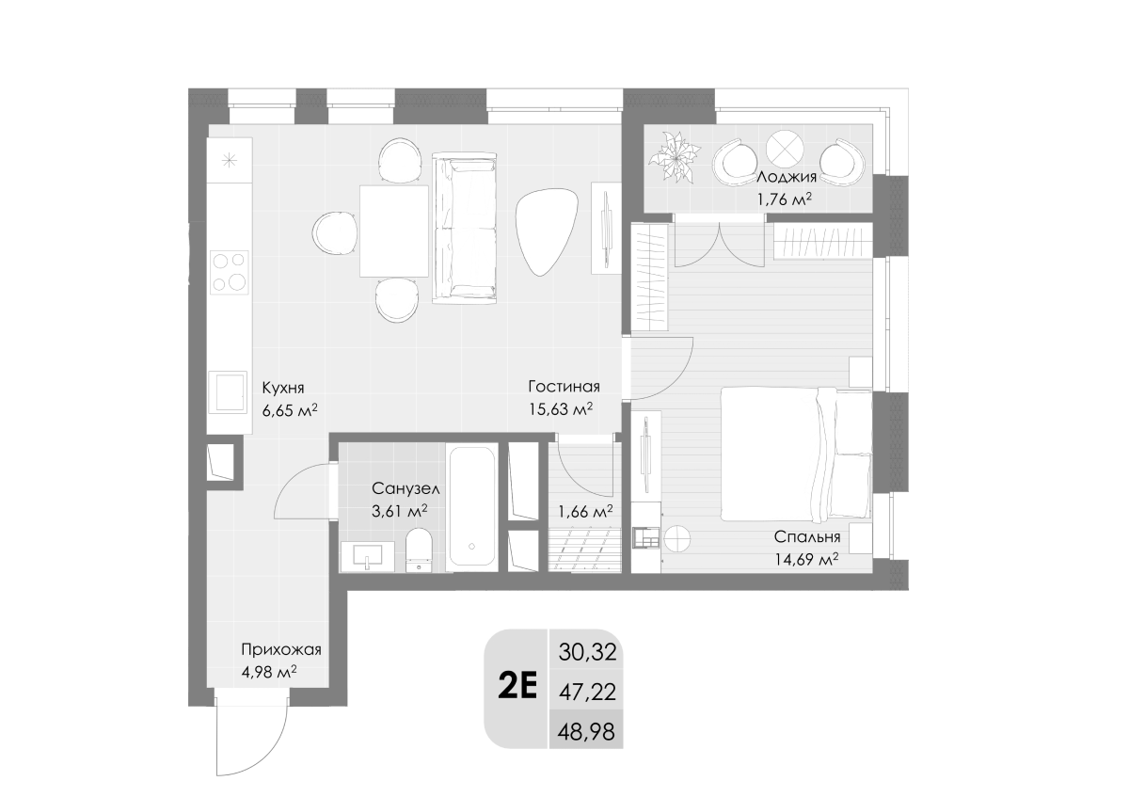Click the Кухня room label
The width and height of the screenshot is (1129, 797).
(x=283, y=389)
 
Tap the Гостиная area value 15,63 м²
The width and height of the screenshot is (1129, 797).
(x=560, y=408)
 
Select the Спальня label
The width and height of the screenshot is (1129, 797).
(x=807, y=537)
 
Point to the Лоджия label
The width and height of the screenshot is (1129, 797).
(x=787, y=177)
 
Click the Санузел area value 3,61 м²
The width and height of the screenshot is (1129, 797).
(x=399, y=511)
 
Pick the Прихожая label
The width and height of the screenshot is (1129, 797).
(x=281, y=649)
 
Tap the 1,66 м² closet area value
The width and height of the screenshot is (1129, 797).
(x=585, y=512)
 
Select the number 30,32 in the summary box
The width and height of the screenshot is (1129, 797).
(x=587, y=652)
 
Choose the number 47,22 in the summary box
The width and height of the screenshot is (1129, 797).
(x=587, y=693)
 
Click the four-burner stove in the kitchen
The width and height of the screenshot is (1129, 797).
(x=230, y=272)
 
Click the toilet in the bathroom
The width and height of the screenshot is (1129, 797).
(x=419, y=550)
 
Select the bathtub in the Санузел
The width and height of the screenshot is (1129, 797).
(x=471, y=506)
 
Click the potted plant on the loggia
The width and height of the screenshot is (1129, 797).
(x=674, y=157)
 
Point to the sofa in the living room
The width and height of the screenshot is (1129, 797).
(x=464, y=229)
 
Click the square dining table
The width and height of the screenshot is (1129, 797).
(x=393, y=231)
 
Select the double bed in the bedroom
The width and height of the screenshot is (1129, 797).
(x=796, y=454)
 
